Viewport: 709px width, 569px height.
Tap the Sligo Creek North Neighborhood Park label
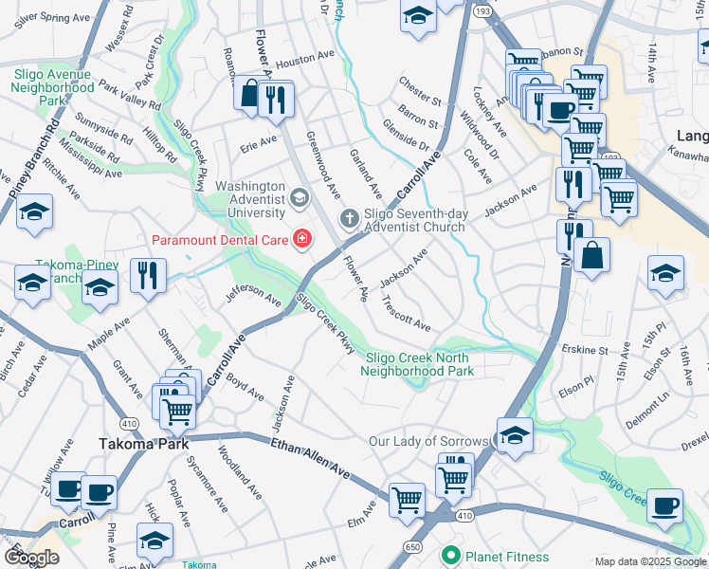pyautogui.click(x=417, y=364)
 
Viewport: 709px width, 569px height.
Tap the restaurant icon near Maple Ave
pyautogui.click(x=147, y=276)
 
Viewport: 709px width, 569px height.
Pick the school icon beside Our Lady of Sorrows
pyautogui.click(x=514, y=435)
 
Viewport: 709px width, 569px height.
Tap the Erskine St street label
pyautogui.click(x=585, y=350)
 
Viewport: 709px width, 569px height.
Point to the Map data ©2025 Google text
pyautogui.click(x=649, y=562)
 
